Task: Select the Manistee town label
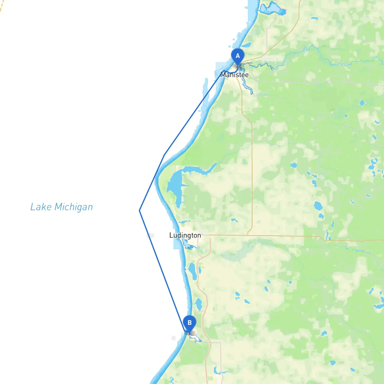click(235, 75)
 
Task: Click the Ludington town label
click(185, 235)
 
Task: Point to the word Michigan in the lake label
click(74, 207)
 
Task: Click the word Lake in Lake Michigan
click(41, 207)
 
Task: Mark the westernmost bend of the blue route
click(140, 211)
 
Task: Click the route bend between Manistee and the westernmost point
click(164, 155)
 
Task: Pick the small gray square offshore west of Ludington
click(151, 236)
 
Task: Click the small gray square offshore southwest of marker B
click(173, 338)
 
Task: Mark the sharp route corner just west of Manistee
click(224, 71)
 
